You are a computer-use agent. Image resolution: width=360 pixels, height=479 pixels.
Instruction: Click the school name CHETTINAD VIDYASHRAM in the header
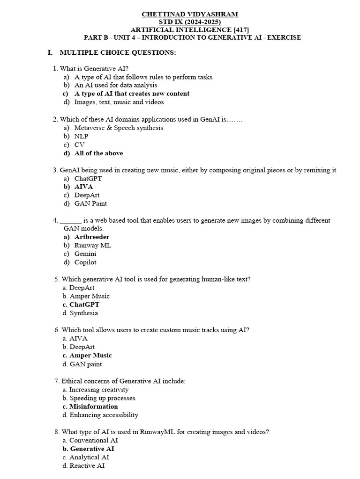pyautogui.click(x=189, y=15)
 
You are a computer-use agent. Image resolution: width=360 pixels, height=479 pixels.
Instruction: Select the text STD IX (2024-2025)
pyautogui.click(x=190, y=22)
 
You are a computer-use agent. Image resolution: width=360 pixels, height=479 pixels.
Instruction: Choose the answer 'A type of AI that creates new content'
pyautogui.click(x=132, y=94)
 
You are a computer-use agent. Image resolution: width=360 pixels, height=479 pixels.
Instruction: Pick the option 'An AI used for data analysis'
pyautogui.click(x=115, y=85)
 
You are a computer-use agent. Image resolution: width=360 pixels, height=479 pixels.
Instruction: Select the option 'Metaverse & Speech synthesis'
pyautogui.click(x=119, y=128)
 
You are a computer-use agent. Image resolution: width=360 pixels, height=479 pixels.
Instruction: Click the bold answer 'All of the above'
pyautogui.click(x=98, y=153)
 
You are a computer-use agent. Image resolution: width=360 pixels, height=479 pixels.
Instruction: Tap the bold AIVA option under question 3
pyautogui.click(x=83, y=187)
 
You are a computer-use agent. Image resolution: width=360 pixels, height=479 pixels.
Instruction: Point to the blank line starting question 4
pyautogui.click(x=71, y=220)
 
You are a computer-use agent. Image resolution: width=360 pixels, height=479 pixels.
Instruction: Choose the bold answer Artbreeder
pyautogui.click(x=91, y=237)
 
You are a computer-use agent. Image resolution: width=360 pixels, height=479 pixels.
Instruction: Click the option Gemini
pyautogui.click(x=85, y=254)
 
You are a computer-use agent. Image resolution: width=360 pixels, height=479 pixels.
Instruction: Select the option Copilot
pyautogui.click(x=85, y=262)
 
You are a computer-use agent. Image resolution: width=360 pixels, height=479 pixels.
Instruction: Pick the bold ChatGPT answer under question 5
pyautogui.click(x=84, y=305)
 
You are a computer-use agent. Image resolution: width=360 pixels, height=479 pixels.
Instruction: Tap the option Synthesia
pyautogui.click(x=83, y=313)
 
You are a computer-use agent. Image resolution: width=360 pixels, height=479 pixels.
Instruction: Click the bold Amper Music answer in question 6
pyautogui.click(x=90, y=355)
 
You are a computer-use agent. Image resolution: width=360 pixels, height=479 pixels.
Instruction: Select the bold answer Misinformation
pyautogui.click(x=93, y=406)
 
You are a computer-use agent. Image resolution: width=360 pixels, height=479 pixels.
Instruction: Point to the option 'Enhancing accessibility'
pyautogui.click(x=104, y=415)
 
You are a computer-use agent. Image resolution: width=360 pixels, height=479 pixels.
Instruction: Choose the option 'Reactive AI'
pyautogui.click(x=87, y=465)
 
